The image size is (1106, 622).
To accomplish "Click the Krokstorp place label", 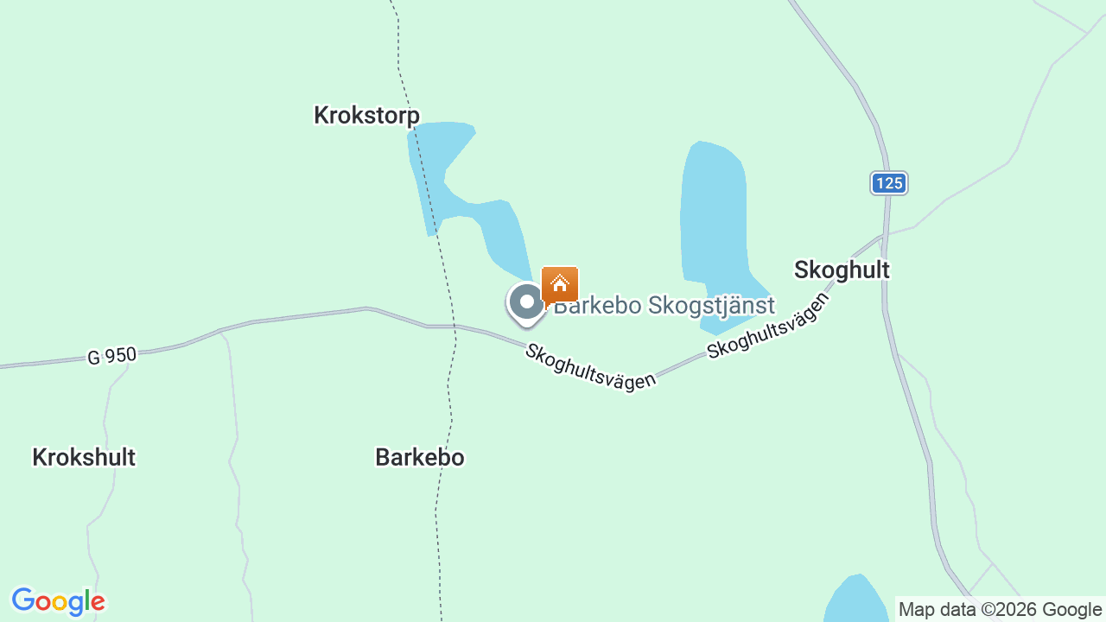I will tap(366, 115).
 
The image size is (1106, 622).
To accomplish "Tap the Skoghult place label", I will tap(842, 270).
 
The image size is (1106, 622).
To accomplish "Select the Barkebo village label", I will tap(420, 457).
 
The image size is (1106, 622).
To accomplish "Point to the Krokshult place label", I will tap(84, 457).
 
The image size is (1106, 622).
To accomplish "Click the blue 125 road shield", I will tap(888, 182).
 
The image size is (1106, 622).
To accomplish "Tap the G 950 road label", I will tap(111, 355).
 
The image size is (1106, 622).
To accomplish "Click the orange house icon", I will tap(560, 283).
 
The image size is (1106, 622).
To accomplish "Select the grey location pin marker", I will tap(526, 303).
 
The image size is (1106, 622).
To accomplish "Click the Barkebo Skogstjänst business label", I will tap(664, 305).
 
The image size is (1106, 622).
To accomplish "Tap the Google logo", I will tap(58, 601).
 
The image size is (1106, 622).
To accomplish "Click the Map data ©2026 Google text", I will tap(1000, 610).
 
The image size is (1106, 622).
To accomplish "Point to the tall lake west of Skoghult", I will tap(713, 216).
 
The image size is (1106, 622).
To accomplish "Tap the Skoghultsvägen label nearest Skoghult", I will tap(767, 326).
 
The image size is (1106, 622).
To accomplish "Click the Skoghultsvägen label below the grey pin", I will tap(590, 367).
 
